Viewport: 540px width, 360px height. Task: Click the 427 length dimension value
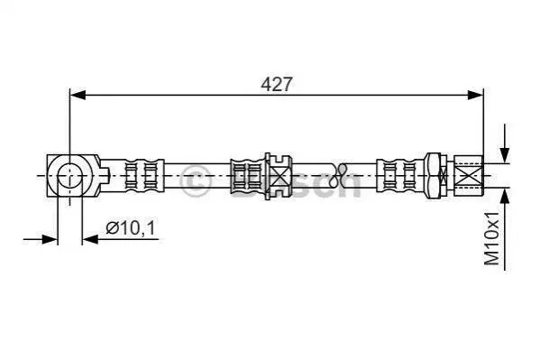pyautogui.click(x=277, y=84)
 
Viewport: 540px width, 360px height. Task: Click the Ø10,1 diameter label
pyautogui.click(x=131, y=228)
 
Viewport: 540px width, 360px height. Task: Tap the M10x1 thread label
pyautogui.click(x=491, y=238)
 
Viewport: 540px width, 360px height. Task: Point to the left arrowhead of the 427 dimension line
pyautogui.click(x=78, y=95)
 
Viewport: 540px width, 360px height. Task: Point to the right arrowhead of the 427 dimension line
pyautogui.click(x=476, y=95)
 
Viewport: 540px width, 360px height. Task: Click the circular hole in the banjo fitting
pyautogui.click(x=70, y=176)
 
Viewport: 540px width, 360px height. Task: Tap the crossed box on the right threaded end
pyautogui.click(x=469, y=176)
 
